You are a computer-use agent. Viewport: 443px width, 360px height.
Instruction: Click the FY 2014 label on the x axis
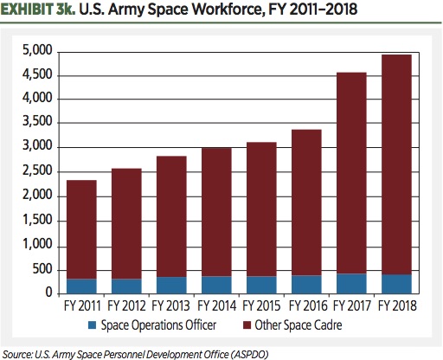[216, 305]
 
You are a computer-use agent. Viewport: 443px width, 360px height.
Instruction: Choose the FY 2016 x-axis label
[306, 305]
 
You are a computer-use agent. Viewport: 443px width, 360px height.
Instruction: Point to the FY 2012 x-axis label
[127, 305]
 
